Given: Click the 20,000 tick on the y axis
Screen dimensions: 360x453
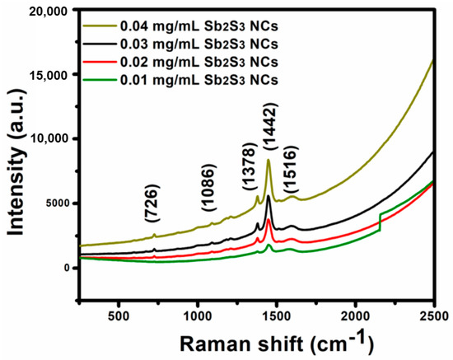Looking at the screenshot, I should tap(43, 11).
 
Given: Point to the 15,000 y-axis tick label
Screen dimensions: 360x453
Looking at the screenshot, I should tap(43, 75).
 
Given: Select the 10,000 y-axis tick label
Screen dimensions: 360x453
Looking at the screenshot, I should tap(43, 139).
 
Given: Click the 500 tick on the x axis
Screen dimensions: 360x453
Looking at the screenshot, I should tap(119, 316).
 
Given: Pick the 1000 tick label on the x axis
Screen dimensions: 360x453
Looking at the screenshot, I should tap(198, 316).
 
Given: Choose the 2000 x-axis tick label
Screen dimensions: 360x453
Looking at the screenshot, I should tap(356, 316).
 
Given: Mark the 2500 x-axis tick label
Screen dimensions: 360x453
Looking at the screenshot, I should tap(433, 316).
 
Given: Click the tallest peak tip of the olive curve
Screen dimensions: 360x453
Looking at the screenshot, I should tap(269, 160).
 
